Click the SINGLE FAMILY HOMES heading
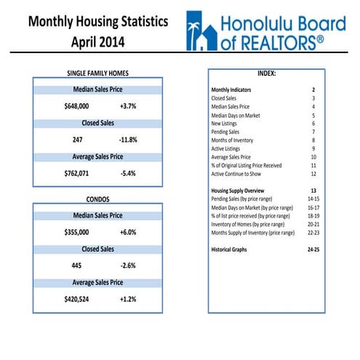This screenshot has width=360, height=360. (x=97, y=73)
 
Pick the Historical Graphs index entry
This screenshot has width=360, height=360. (x=229, y=249)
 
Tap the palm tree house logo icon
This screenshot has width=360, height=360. (x=201, y=31)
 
